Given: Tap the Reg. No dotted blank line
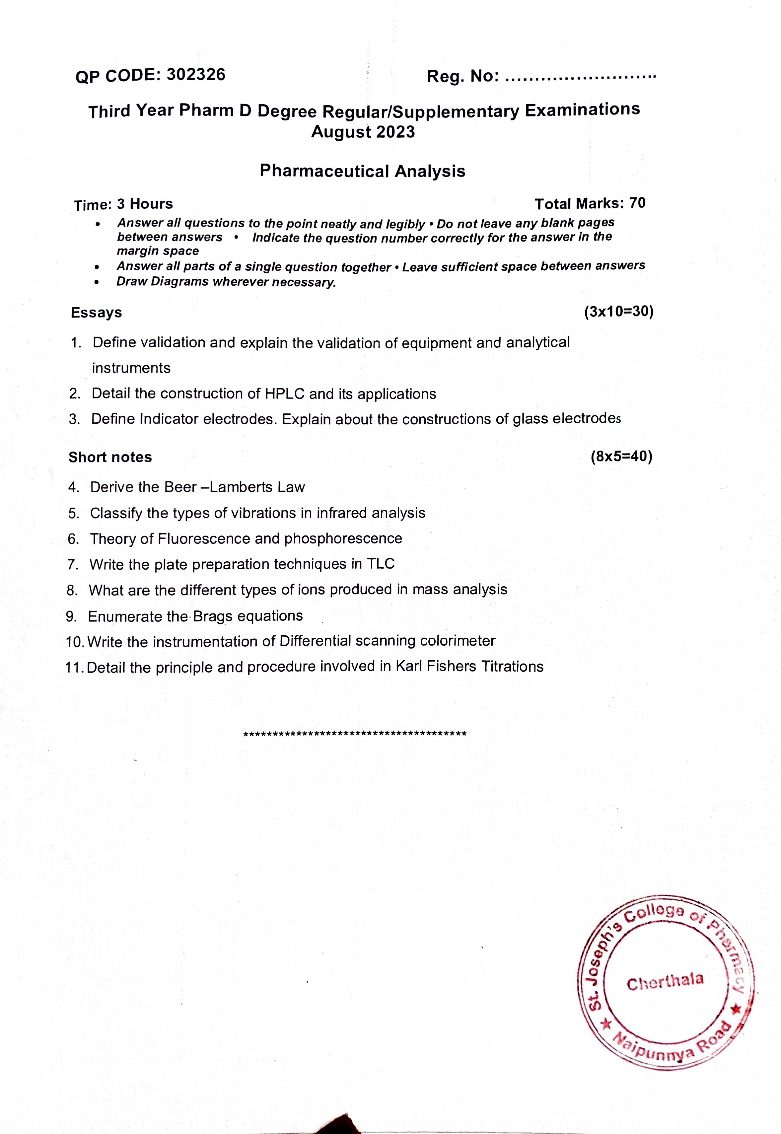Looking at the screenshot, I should tap(580, 77).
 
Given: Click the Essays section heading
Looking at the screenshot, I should tap(97, 312).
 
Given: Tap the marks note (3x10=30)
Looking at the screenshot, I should tap(618, 312).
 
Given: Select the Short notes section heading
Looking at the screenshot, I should tap(110, 457).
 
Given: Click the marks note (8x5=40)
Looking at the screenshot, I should tap(621, 457).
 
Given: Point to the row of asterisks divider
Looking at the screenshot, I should tap(355, 734).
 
